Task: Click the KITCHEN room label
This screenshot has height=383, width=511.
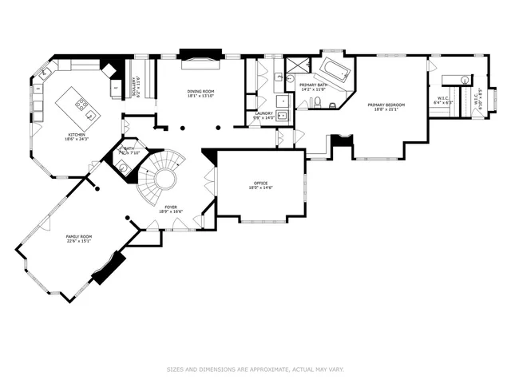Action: pos(77,135)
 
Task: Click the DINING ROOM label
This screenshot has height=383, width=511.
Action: pos(200,92)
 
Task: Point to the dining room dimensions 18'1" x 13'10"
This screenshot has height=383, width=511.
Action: pos(200,97)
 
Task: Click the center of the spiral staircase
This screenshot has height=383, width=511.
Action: pos(165,177)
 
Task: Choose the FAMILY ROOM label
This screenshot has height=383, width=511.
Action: pos(79,237)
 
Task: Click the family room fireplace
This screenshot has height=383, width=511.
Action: pos(108,267)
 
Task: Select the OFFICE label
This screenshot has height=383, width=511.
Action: pos(259,183)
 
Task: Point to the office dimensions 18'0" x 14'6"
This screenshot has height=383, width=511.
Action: pos(259,188)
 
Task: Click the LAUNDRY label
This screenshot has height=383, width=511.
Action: pos(263,113)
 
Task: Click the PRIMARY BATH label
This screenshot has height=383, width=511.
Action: pos(312,85)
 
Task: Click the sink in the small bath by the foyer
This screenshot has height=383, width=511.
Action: pos(122,165)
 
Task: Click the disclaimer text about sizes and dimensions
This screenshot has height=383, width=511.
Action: pos(255,369)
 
